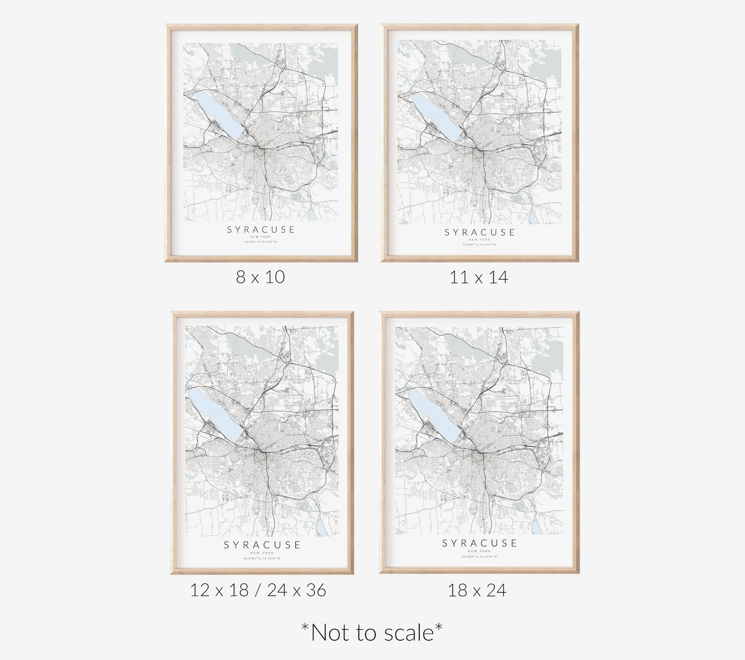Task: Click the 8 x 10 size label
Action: tap(260, 277)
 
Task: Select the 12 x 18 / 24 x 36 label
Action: tap(258, 590)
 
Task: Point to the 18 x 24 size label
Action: tap(477, 590)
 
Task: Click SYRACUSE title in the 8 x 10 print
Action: tap(261, 230)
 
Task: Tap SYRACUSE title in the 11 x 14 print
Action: tap(479, 233)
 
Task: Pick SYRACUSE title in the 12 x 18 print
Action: tap(262, 545)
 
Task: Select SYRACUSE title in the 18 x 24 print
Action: tap(479, 543)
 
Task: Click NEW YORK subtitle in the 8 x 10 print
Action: tap(261, 237)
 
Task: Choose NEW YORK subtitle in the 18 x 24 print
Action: tap(479, 551)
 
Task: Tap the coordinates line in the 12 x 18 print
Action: tap(262, 558)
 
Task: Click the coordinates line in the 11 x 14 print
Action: tap(479, 244)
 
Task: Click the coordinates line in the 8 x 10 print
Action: tap(261, 242)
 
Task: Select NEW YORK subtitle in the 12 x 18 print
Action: tap(262, 553)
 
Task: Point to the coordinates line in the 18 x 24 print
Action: tap(479, 557)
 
